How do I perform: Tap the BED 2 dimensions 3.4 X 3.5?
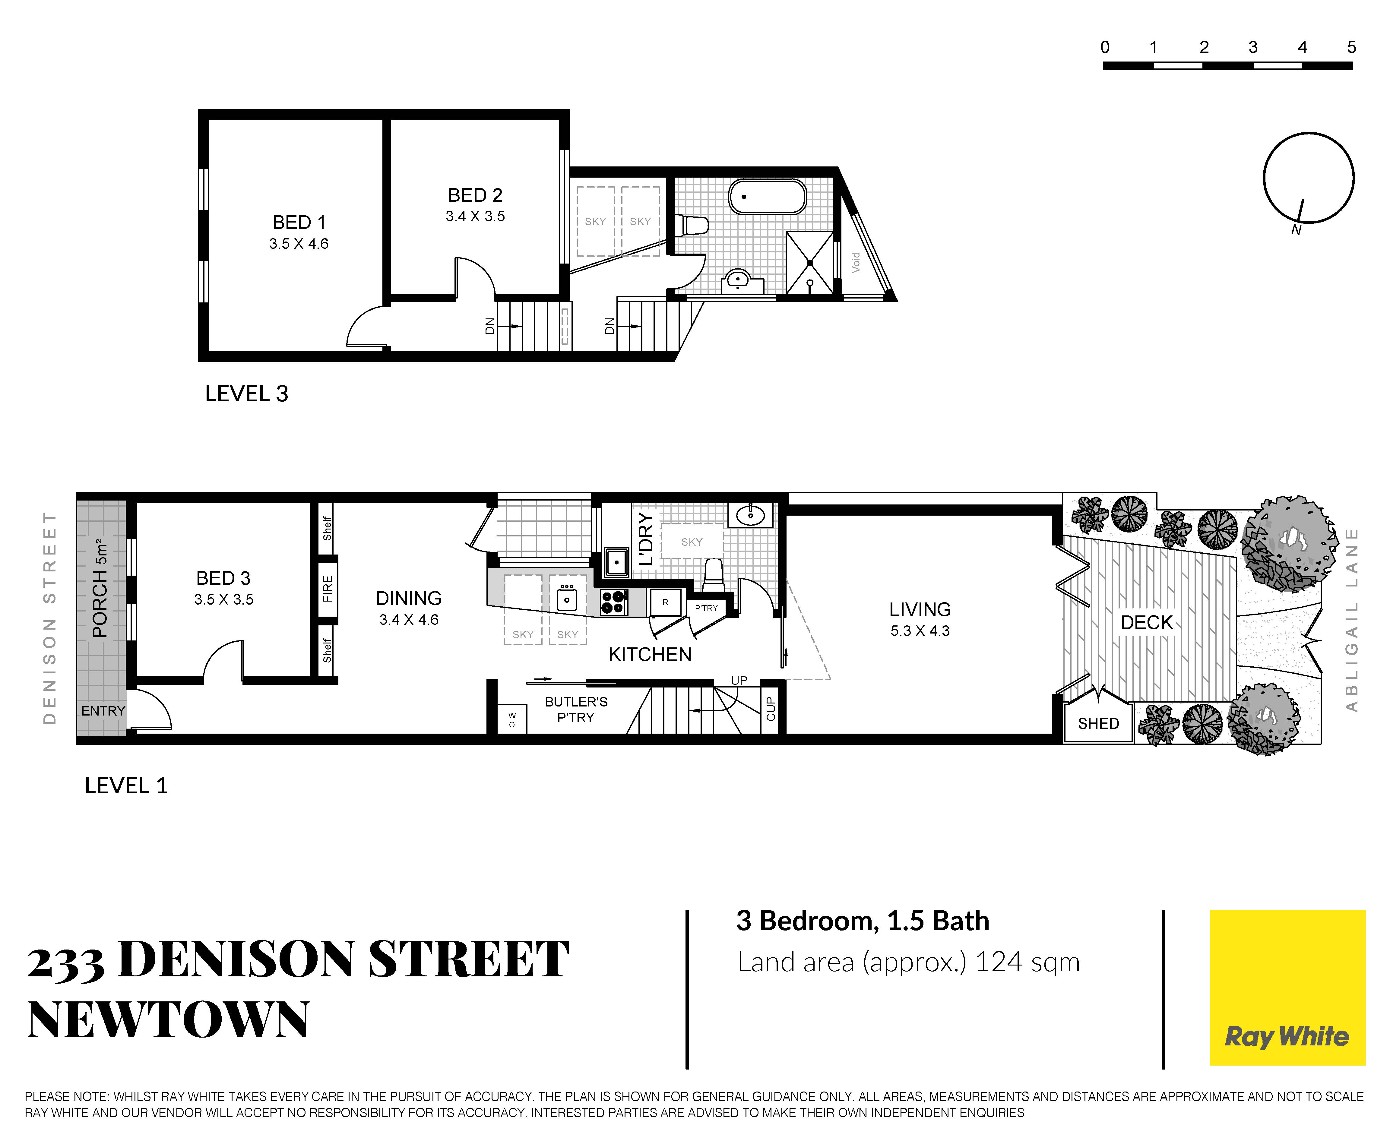click(475, 216)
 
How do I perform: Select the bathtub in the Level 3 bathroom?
click(767, 197)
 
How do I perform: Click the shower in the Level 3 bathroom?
click(810, 262)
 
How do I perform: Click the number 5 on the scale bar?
click(1351, 47)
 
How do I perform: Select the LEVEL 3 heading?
click(246, 394)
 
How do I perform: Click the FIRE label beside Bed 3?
click(327, 589)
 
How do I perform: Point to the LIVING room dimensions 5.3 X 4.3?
click(920, 631)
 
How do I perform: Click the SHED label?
click(1098, 724)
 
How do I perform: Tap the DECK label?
click(1147, 622)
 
